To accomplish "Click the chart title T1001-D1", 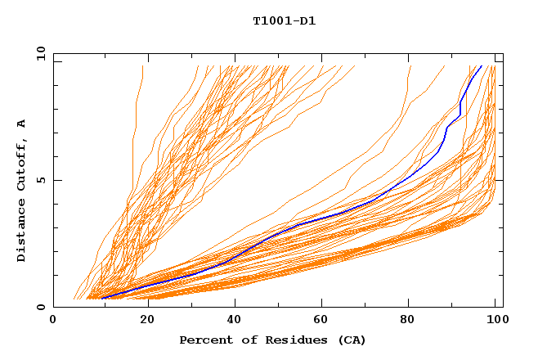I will tap(284, 20).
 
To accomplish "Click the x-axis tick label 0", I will tap(54, 321).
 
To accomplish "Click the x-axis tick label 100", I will tap(496, 321).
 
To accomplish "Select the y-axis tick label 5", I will tap(40, 180).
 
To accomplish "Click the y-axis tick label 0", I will tap(40, 307).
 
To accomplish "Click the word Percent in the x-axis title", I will tap(204, 340).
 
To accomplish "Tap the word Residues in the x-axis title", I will tap(286, 340).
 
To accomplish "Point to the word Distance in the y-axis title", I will tap(22, 233).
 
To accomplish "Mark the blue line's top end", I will tap(482, 66).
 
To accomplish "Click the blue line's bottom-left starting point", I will tap(101, 298).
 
